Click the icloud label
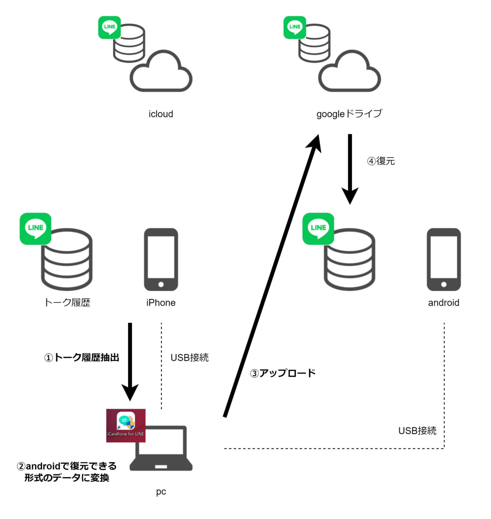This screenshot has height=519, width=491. click(x=161, y=114)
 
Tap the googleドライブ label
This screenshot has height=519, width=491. click(x=349, y=114)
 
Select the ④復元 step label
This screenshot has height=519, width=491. click(x=381, y=161)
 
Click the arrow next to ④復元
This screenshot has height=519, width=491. click(x=350, y=169)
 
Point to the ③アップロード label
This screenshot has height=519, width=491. click(x=283, y=373)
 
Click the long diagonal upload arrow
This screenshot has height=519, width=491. click(x=272, y=275)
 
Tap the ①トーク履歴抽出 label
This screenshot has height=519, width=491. click(x=82, y=357)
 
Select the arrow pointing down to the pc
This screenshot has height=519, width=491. click(x=130, y=362)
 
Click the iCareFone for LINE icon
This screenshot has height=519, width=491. click(x=126, y=425)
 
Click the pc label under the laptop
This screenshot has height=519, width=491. click(x=161, y=492)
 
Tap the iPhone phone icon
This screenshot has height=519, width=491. click(x=161, y=259)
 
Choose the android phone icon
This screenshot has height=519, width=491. click(x=444, y=259)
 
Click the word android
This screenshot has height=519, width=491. click(x=444, y=302)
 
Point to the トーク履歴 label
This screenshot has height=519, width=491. click(x=67, y=302)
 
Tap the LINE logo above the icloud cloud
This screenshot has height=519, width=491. click(x=109, y=27)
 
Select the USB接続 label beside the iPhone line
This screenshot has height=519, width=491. click(x=189, y=357)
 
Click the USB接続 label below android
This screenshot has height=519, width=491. click(x=417, y=430)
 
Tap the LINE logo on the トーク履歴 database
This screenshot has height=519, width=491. click(x=35, y=228)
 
